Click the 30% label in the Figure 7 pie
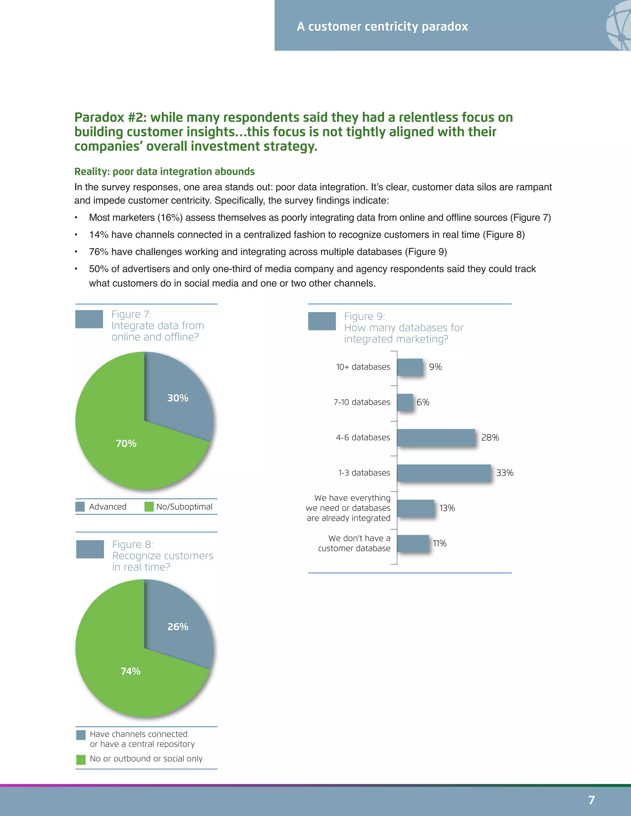177,398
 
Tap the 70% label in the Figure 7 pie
126,443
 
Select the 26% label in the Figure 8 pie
177,627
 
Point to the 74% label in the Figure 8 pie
130,671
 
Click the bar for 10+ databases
410,367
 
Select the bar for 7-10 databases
405,402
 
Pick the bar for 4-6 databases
436,438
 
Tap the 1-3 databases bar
444,473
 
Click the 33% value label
505,473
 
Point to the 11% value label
440,543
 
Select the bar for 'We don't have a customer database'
413,543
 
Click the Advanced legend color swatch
80,507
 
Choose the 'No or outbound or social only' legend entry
146,758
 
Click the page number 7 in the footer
591,800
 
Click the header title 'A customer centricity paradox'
382,26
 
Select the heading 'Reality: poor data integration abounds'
165,172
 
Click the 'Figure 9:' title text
364,317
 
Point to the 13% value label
447,508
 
